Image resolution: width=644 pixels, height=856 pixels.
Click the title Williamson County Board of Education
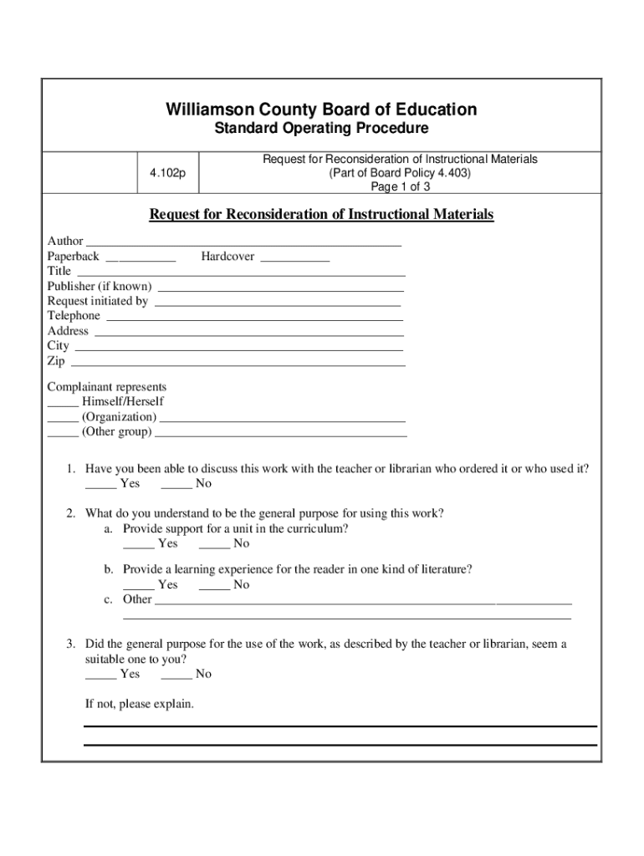[x=321, y=110]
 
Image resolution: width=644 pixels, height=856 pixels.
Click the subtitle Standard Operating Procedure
[x=321, y=129]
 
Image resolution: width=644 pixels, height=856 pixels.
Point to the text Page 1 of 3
[x=400, y=186]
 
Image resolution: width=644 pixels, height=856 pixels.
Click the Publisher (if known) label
[x=100, y=286]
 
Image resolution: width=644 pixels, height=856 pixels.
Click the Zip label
[x=56, y=361]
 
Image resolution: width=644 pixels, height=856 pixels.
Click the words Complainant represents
[x=107, y=387]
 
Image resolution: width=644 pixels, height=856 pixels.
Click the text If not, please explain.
[x=140, y=704]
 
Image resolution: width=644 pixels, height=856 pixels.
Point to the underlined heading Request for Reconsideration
[x=321, y=215]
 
